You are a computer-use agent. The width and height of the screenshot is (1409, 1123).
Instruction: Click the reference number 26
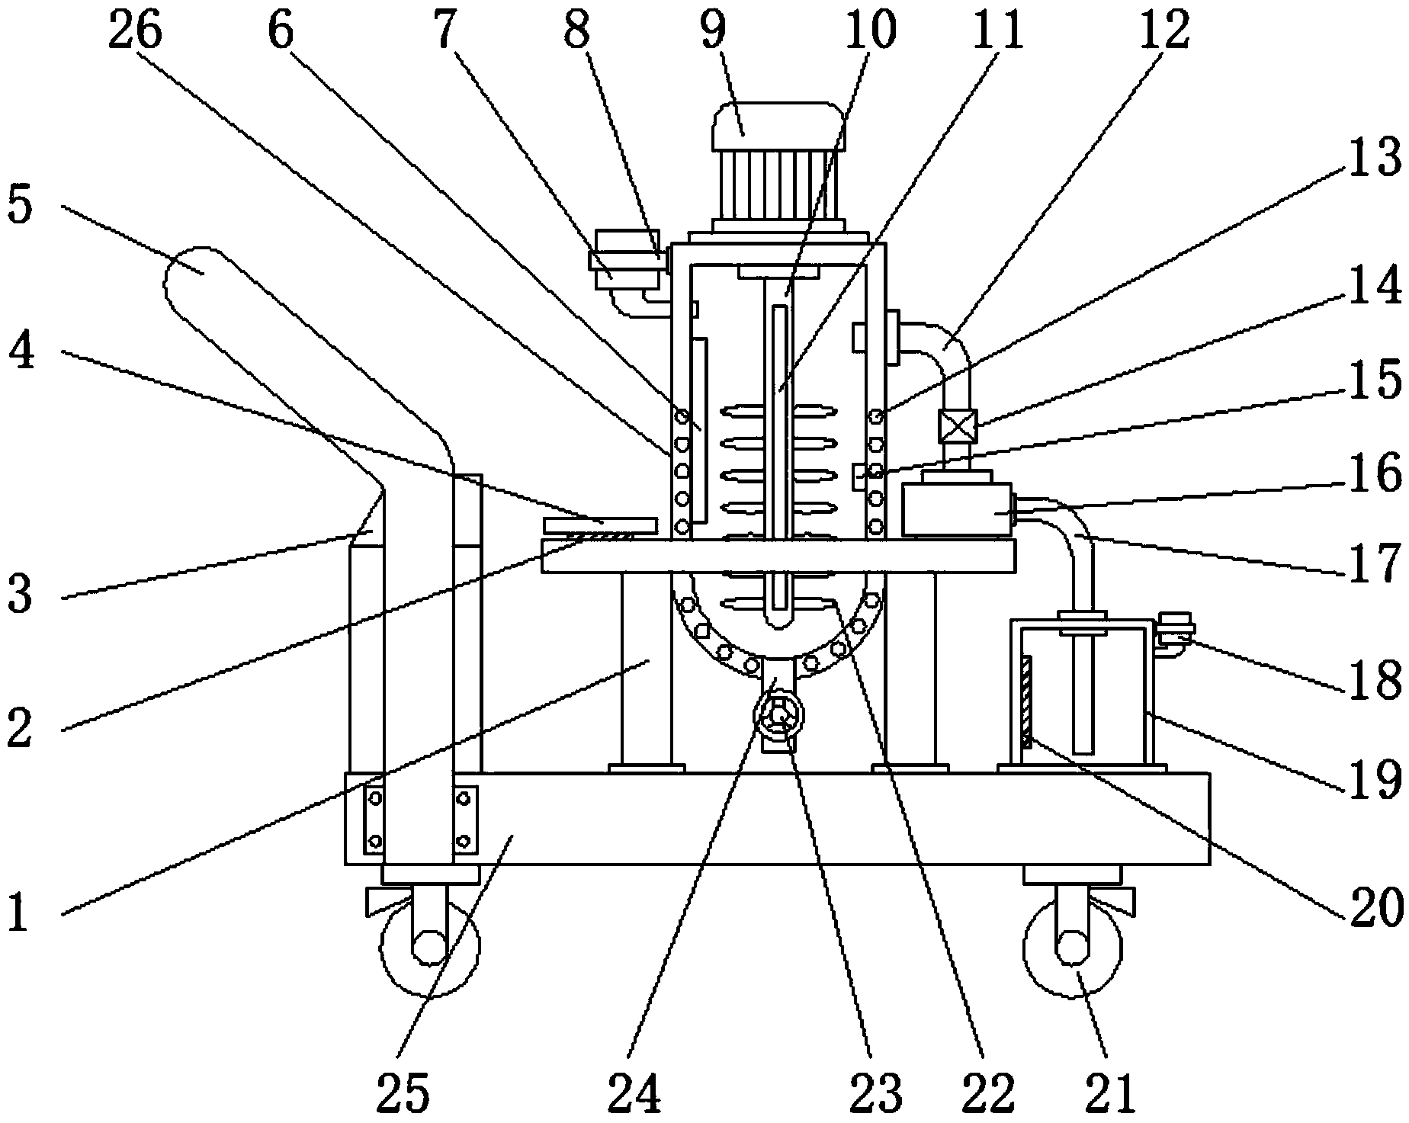135,29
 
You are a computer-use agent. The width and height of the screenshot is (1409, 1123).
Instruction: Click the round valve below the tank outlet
778,717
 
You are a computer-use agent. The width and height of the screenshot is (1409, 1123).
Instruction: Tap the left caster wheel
429,945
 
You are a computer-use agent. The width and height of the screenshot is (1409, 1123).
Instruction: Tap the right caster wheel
1073,945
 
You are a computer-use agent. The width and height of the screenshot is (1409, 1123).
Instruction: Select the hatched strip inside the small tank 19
1026,702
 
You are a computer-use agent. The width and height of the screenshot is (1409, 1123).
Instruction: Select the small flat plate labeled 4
600,527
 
